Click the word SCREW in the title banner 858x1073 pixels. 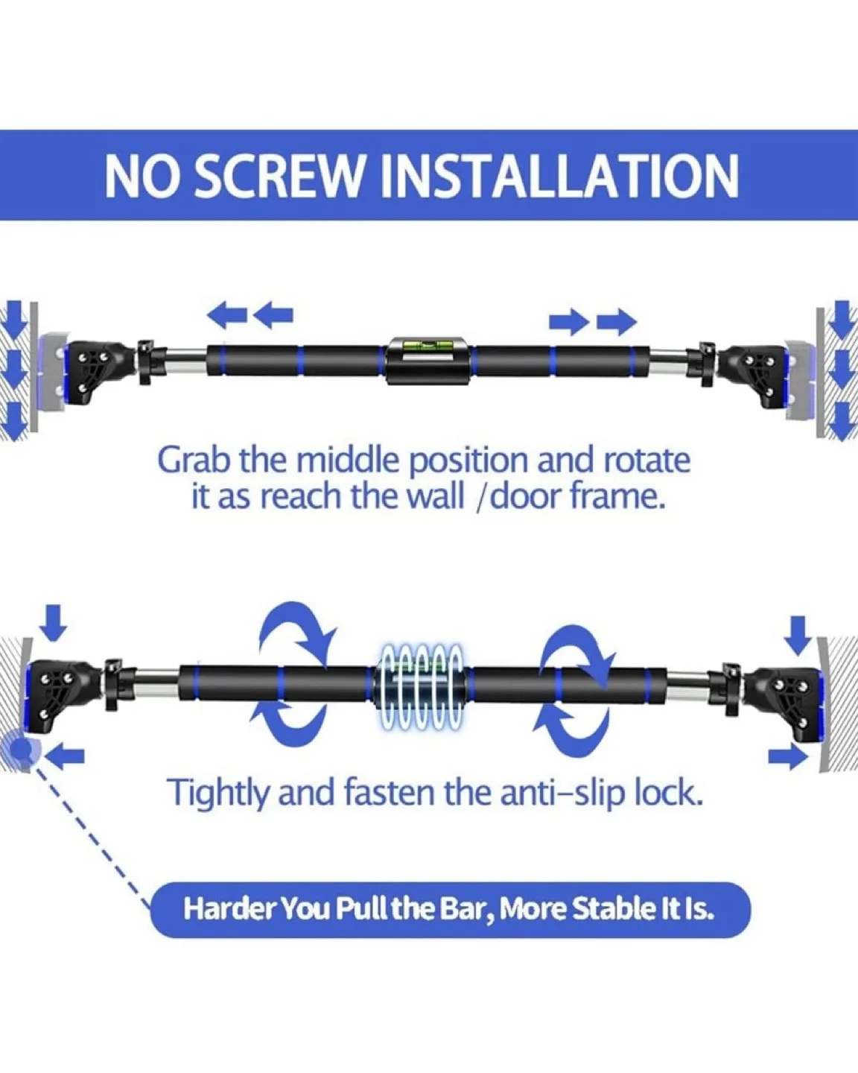(284, 177)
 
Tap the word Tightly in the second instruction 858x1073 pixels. (216, 793)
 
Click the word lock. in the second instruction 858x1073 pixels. (668, 793)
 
